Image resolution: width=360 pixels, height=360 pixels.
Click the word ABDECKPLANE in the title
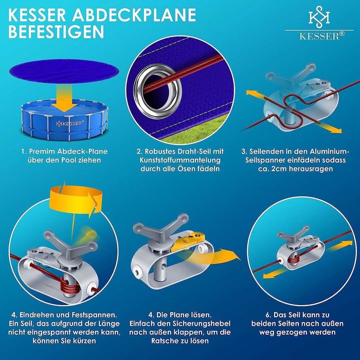pos(135,15)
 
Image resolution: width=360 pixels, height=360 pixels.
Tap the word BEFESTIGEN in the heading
pos(56,31)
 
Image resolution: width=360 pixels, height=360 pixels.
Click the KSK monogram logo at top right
pos(319,16)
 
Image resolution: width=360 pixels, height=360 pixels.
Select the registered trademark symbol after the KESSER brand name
pos(342,34)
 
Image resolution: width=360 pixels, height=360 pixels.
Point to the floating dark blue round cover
pos(64,70)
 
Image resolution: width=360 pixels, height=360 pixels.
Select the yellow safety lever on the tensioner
pos(189,240)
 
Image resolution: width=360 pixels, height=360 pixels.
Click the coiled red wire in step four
pos(68,286)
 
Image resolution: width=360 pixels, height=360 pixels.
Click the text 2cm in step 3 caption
pos(279,169)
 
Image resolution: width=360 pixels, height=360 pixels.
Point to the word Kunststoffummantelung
pos(180,160)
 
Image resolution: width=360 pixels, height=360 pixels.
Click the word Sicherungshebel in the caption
pos(200,323)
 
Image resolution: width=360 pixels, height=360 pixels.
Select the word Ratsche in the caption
pos(163,340)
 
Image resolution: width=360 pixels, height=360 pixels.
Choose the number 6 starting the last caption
pos(268,315)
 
